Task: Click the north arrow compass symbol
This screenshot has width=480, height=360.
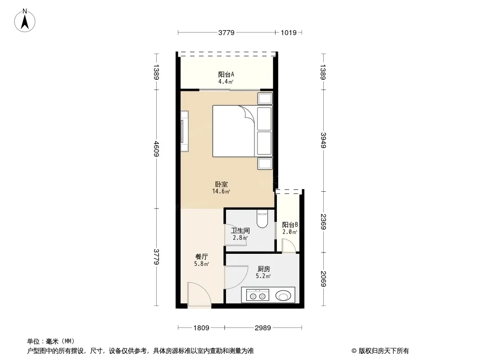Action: click(x=25, y=21)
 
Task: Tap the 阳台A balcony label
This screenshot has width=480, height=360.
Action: click(x=226, y=74)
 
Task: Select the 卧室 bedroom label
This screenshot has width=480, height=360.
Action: click(x=221, y=184)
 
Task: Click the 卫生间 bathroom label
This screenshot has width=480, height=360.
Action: click(x=240, y=230)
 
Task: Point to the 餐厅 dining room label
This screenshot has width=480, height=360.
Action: click(x=201, y=256)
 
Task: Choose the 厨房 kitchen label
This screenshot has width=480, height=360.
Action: click(x=263, y=269)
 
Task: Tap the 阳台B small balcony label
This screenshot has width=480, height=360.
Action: click(x=290, y=225)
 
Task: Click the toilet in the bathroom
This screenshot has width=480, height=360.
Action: click(x=262, y=218)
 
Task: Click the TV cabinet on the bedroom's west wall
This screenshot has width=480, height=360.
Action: click(x=184, y=131)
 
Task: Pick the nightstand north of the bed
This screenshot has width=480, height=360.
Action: click(x=265, y=99)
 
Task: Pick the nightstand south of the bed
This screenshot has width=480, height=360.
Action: click(x=265, y=163)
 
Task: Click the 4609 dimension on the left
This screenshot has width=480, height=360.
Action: click(x=156, y=148)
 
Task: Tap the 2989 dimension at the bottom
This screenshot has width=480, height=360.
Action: click(x=263, y=328)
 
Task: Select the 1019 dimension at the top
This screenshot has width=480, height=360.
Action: click(x=289, y=32)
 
